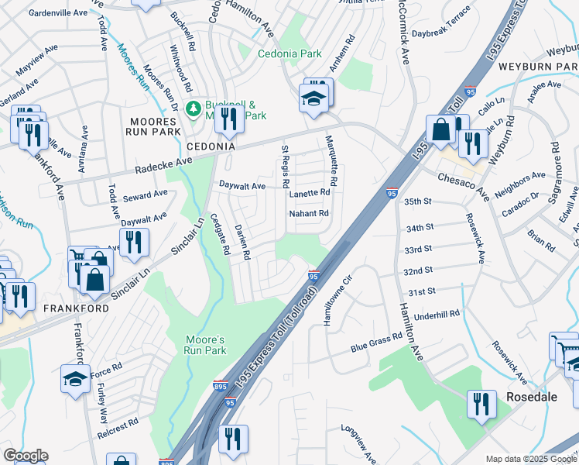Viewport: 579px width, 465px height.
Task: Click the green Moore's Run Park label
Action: pyautogui.click(x=205, y=345)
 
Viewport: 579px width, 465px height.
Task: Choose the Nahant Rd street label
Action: pyautogui.click(x=309, y=213)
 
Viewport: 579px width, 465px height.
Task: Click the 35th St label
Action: pyautogui.click(x=418, y=201)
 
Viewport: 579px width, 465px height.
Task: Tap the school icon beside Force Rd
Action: pyautogui.click(x=75, y=380)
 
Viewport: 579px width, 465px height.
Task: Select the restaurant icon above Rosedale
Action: pyautogui.click(x=481, y=403)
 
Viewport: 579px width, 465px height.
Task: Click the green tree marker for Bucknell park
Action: pyautogui.click(x=193, y=108)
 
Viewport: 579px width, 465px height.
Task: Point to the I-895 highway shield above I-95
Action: pyautogui.click(x=220, y=385)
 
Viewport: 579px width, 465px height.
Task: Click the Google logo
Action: pyautogui.click(x=26, y=456)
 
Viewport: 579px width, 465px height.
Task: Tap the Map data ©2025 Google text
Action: pyautogui.click(x=530, y=459)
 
